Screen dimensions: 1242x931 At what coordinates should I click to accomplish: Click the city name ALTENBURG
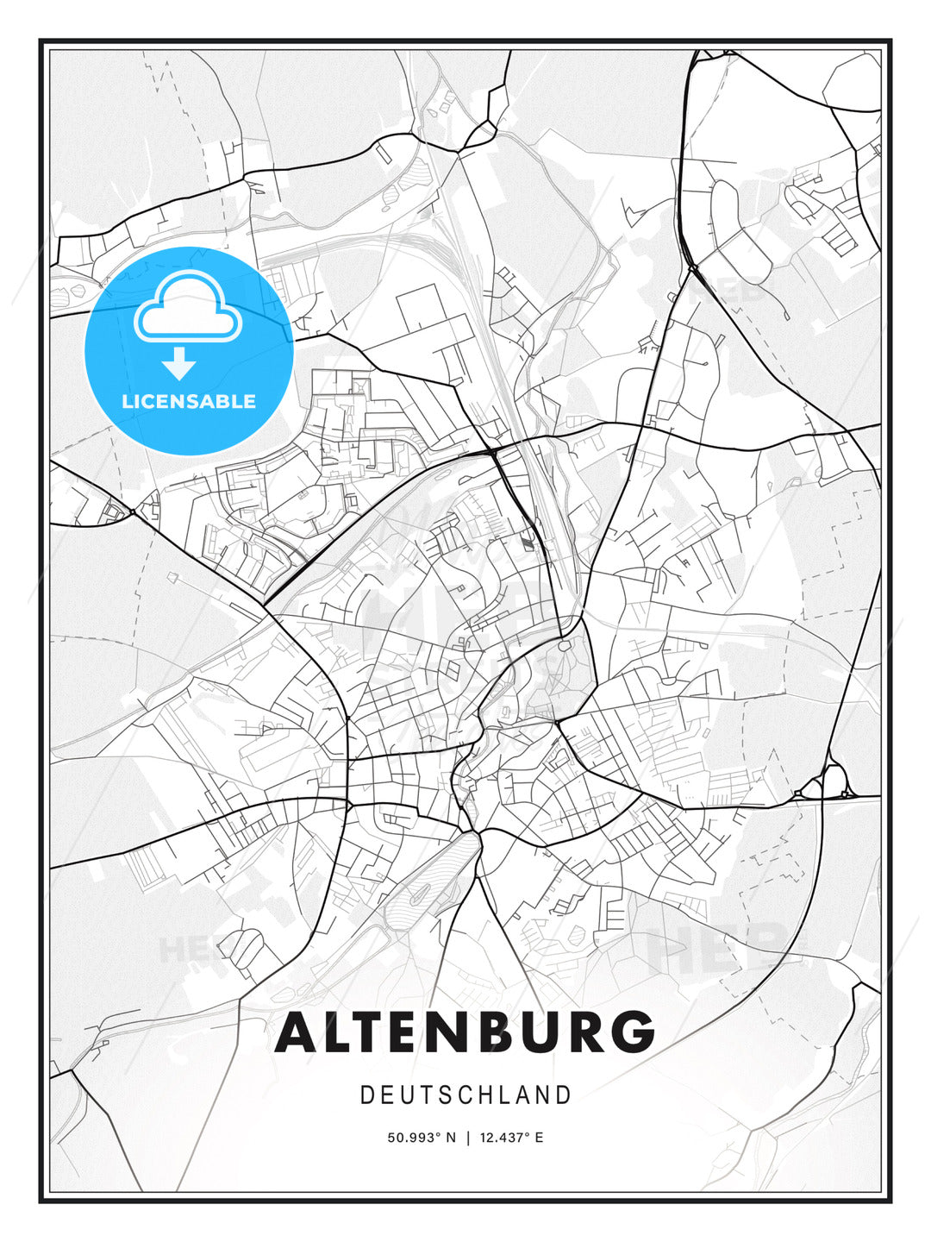click(465, 1032)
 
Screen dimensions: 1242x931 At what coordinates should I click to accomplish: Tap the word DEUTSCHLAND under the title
click(465, 1095)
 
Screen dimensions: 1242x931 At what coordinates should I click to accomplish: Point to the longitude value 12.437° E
click(512, 1138)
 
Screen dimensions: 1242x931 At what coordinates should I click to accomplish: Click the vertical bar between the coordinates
click(467, 1138)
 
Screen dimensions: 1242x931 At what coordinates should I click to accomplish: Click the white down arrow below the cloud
click(179, 363)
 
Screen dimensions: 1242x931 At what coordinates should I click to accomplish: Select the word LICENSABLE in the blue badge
click(189, 401)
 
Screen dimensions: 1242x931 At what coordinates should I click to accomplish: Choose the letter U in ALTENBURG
click(530, 1032)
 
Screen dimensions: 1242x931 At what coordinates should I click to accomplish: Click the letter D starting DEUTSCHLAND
click(367, 1095)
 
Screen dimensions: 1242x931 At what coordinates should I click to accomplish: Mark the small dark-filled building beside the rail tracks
click(527, 542)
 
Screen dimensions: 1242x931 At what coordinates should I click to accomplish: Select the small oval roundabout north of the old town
click(564, 644)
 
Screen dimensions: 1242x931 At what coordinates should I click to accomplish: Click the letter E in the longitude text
click(539, 1138)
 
